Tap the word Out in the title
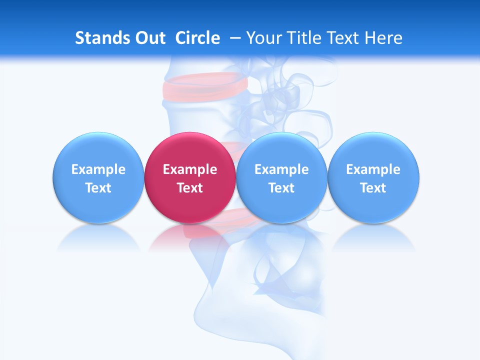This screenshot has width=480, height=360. pyautogui.click(x=148, y=38)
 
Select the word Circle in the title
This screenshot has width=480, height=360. pyautogui.click(x=197, y=38)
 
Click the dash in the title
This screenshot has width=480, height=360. pyautogui.click(x=235, y=38)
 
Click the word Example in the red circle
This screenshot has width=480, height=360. pyautogui.click(x=190, y=169)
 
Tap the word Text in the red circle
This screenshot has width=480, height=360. pyautogui.click(x=190, y=188)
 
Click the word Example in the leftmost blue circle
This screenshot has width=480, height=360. pyautogui.click(x=98, y=169)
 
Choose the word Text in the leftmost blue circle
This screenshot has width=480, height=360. pyautogui.click(x=98, y=188)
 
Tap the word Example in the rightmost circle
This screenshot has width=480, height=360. pyautogui.click(x=373, y=169)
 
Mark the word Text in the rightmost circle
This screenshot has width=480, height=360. pyautogui.click(x=373, y=188)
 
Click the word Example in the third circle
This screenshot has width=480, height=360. pyautogui.click(x=281, y=169)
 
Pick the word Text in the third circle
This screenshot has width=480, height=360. pyautogui.click(x=281, y=188)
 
